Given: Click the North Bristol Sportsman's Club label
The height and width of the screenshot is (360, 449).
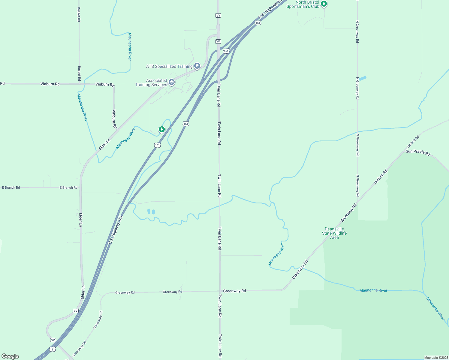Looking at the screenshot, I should point(303,4).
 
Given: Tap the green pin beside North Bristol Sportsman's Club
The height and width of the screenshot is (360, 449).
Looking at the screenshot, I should point(324,4).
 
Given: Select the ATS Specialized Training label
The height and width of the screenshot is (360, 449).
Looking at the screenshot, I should point(169,66).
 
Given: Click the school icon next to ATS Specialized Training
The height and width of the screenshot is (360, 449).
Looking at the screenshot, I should point(197,66).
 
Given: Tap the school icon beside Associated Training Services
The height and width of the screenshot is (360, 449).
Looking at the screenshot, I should point(171,82).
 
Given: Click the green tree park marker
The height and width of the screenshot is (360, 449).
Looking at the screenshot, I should point(162,129).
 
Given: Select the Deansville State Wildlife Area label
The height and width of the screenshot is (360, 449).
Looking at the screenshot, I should point(334,233).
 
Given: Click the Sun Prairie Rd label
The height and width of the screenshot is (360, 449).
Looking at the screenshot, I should point(418,152).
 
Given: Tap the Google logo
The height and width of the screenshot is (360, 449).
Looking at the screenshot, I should point(10,356).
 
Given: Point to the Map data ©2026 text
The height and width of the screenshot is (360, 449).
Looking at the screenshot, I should point(436,357).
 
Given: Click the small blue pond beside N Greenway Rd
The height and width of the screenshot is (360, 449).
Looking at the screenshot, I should point(363,78).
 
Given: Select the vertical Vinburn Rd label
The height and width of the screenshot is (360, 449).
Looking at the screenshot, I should point(114,119).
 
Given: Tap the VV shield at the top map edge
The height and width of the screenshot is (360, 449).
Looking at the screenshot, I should point(218,15).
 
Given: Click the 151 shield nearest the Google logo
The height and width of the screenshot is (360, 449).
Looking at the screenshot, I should point(53,349).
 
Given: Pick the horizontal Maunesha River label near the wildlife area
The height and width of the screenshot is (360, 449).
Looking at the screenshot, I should point(373,290).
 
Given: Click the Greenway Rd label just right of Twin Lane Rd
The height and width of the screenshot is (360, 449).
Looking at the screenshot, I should point(234,291).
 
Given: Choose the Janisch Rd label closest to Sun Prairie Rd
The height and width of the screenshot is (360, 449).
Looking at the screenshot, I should point(413,142).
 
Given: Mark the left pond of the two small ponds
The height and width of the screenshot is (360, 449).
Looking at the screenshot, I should point(149,211).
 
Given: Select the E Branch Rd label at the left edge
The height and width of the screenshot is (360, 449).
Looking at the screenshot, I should point(11,187).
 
